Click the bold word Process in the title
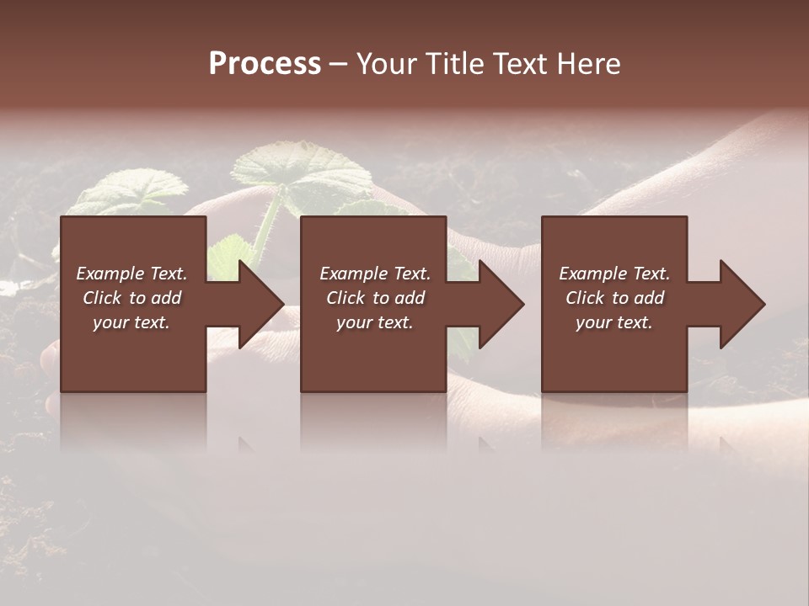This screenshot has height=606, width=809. tap(265, 63)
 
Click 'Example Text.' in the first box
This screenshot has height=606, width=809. tap(131, 274)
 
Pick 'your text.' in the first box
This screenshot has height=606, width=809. tap(131, 322)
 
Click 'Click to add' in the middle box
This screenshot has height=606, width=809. tap(375, 298)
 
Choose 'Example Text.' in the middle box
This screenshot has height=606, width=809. tap(375, 274)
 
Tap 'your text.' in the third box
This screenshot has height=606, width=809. tap(614, 322)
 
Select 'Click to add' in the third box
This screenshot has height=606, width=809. tap(614, 298)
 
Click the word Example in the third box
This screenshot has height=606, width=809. tap(592, 274)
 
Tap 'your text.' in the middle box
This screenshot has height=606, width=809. tap(375, 322)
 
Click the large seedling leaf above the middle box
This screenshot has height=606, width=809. tap(303, 173)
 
